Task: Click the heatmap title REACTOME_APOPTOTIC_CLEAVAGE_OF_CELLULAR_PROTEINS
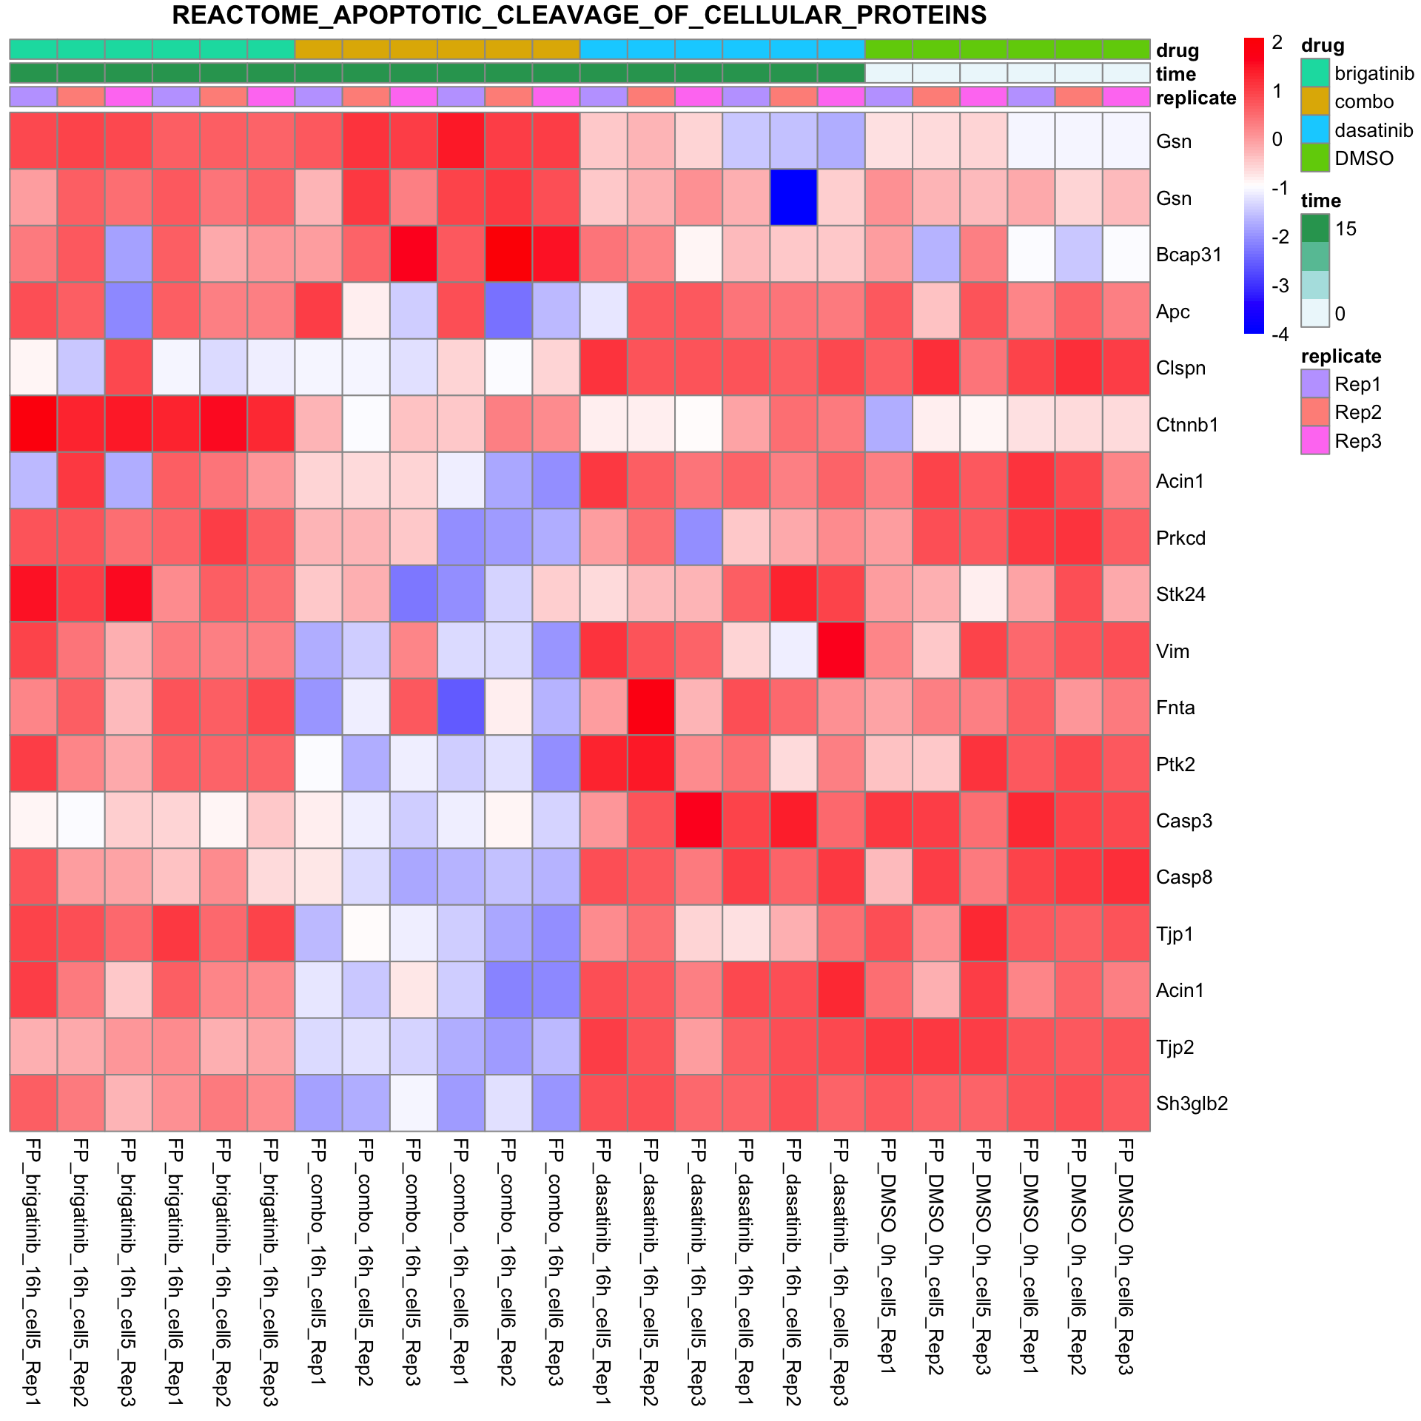point(579,15)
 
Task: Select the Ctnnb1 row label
point(1187,425)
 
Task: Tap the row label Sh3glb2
point(1192,1103)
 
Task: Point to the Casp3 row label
point(1184,821)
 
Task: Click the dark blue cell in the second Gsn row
point(793,198)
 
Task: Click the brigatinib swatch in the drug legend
point(1315,73)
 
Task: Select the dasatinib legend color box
point(1315,130)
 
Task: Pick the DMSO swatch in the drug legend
point(1315,158)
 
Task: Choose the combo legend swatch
point(1315,101)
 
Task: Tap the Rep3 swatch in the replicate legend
point(1315,441)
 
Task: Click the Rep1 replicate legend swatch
point(1315,384)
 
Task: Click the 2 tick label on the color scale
point(1277,43)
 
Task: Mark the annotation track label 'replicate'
point(1196,98)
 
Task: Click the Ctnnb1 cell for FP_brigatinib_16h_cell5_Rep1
point(33,424)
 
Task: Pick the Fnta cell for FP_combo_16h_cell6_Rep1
point(460,707)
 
